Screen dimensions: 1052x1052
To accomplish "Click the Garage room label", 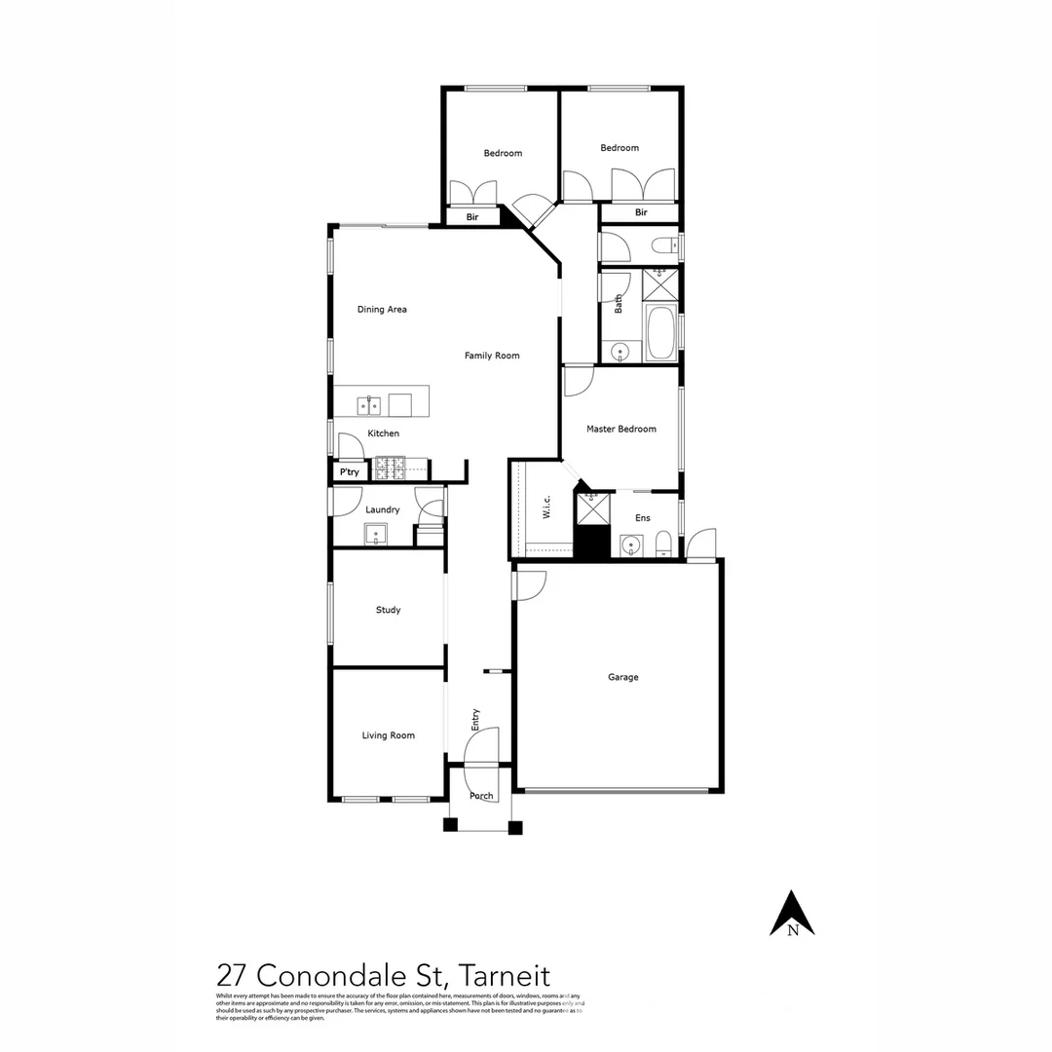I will point(623,677).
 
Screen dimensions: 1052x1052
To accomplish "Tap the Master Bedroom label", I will point(620,429).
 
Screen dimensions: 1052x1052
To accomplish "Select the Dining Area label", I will point(382,310).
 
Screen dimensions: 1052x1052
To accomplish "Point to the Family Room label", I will point(492,356).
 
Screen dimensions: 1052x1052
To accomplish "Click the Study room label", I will point(388,611).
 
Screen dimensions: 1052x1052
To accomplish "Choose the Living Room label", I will point(388,735).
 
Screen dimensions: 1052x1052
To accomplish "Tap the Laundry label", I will point(382,509).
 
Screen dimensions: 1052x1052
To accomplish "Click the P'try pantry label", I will point(349,472).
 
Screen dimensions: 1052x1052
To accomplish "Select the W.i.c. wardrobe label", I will point(546,507).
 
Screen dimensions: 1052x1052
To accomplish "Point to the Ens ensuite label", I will point(643,518).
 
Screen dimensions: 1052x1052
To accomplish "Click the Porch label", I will point(481,796).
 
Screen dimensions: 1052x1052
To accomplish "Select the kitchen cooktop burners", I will point(390,469).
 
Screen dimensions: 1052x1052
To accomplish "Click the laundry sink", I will point(376,535).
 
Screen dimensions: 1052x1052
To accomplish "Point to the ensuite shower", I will point(591,507).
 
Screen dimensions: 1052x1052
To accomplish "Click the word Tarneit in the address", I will point(504,976).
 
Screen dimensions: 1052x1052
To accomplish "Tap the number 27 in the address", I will point(231,976).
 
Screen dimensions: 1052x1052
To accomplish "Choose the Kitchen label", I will point(383,433).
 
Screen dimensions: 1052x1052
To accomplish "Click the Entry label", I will point(475,719).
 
